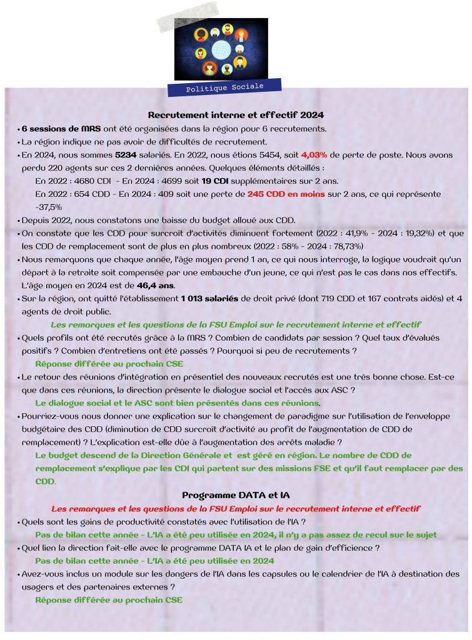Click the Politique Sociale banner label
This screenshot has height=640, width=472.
tap(225, 87)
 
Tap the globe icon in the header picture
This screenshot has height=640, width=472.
tap(220, 48)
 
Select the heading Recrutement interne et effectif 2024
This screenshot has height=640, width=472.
tap(235, 115)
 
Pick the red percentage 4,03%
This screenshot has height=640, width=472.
tap(314, 154)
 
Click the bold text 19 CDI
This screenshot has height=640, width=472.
tap(214, 181)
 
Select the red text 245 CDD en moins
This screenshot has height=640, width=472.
tap(286, 194)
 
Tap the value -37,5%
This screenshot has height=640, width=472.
tap(49, 207)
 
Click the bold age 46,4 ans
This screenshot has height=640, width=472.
tap(155, 285)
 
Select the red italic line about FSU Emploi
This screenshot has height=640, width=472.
tap(236, 508)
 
